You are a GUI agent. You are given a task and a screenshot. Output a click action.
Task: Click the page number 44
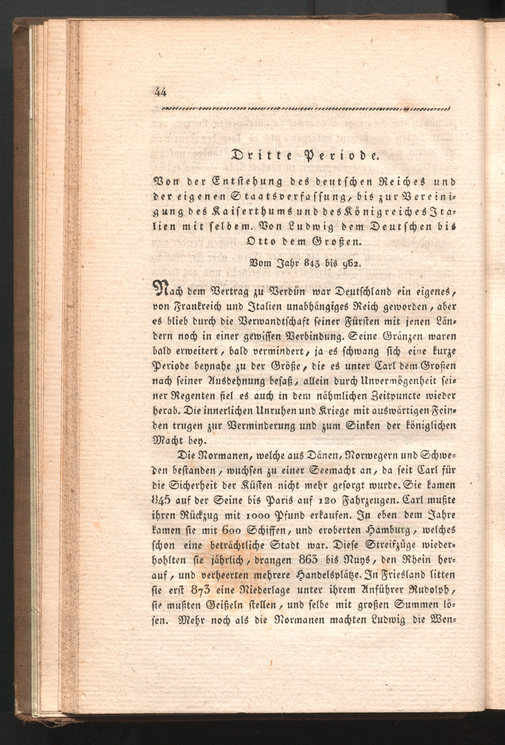160,93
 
